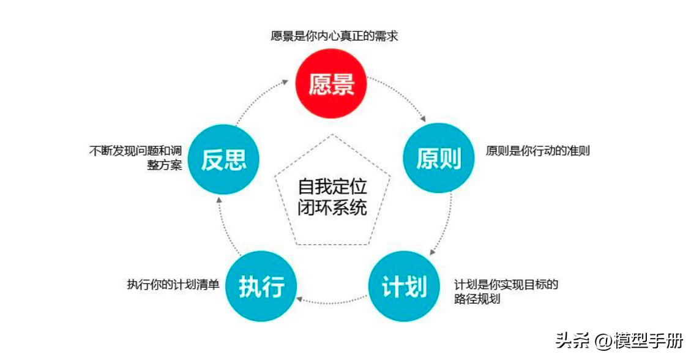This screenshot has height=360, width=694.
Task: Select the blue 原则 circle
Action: point(438,158)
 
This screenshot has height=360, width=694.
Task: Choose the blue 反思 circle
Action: point(224,159)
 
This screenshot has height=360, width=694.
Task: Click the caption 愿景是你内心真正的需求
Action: point(334,36)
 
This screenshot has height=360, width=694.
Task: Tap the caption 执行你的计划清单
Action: point(173,285)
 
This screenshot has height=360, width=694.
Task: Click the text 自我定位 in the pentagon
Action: point(332,186)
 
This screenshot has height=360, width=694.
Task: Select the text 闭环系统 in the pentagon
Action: point(332,207)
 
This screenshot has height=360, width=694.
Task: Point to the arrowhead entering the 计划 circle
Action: point(432,252)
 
